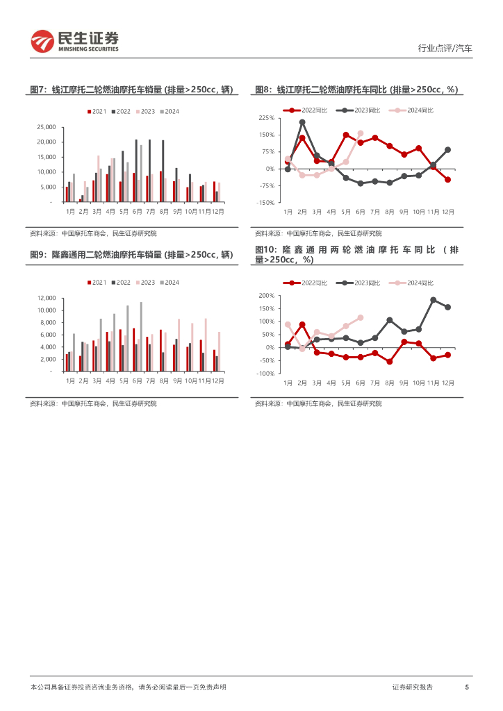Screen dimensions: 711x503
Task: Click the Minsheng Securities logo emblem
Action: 42,42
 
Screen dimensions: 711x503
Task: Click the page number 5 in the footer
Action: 467,687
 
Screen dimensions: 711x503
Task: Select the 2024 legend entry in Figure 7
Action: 170,111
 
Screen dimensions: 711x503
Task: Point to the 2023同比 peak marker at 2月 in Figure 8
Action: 302,122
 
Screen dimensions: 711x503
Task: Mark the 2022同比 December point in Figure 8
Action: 447,179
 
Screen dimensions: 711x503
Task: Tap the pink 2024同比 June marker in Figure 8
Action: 360,133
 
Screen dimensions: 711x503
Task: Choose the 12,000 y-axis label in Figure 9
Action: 47,298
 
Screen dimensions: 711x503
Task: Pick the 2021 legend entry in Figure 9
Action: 97,282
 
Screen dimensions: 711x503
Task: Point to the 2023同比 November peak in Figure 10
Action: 433,300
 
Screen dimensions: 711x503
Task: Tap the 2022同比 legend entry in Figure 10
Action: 304,283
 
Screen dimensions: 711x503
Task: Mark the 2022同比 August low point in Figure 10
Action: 389,361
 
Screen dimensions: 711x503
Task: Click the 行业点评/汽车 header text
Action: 445,49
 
